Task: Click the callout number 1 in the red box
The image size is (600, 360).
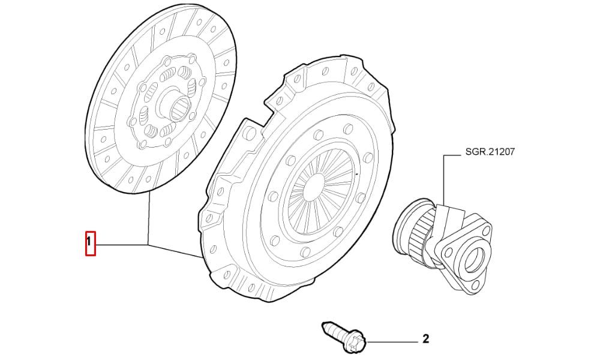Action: point(89,242)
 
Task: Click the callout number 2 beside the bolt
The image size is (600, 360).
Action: point(425,338)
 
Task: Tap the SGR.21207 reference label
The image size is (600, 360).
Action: point(490,152)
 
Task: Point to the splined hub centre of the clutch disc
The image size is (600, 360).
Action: point(181,108)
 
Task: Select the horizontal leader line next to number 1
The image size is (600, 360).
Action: point(122,244)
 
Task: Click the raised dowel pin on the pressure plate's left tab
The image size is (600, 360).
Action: point(250,133)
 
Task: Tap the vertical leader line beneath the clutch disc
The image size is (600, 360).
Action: point(148,218)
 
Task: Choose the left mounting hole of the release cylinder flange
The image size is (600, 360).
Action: point(446,253)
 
